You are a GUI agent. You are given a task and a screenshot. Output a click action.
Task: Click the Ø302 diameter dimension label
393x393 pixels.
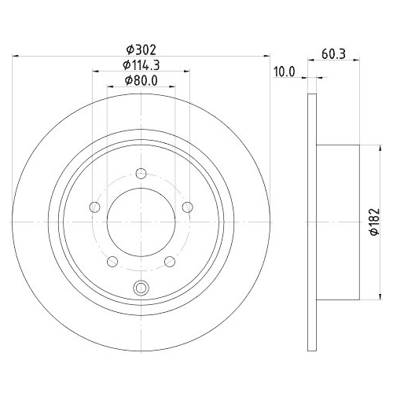tap(141, 50)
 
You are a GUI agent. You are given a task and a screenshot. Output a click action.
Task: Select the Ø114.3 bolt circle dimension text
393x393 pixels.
tap(141, 65)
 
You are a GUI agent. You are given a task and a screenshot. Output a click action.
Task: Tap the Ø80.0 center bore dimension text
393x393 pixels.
tap(141, 81)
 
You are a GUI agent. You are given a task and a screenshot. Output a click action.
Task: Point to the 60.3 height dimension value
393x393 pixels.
tap(333, 54)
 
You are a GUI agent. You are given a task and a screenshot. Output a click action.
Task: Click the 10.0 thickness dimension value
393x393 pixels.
tap(284, 72)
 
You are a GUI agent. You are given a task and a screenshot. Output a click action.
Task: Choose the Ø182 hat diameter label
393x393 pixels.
tap(375, 222)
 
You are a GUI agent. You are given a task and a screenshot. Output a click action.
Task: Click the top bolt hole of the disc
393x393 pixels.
tap(141, 174)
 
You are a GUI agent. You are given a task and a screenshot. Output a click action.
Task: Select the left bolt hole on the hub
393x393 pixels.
tap(94, 208)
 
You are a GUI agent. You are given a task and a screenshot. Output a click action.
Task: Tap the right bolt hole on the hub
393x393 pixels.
tap(188, 208)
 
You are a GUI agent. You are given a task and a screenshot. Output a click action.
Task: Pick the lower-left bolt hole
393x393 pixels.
tap(112, 262)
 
